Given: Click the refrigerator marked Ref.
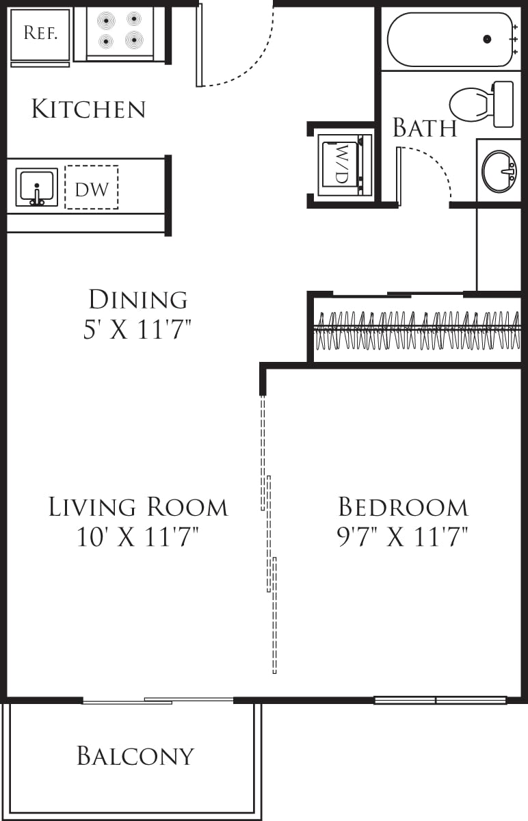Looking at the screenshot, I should pyautogui.click(x=40, y=34).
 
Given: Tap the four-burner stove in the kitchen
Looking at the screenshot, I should pyautogui.click(x=120, y=31).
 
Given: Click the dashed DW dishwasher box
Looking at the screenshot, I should pyautogui.click(x=92, y=187).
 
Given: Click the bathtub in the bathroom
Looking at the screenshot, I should pyautogui.click(x=450, y=40).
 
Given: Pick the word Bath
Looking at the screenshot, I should pyautogui.click(x=424, y=128).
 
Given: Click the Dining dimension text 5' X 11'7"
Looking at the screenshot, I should pyautogui.click(x=137, y=330).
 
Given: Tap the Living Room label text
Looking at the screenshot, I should pyautogui.click(x=137, y=507).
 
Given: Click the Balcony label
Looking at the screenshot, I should pyautogui.click(x=135, y=756).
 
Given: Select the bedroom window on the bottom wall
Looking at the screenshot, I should pyautogui.click(x=440, y=700).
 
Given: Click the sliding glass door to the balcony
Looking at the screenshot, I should pyautogui.click(x=158, y=700).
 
